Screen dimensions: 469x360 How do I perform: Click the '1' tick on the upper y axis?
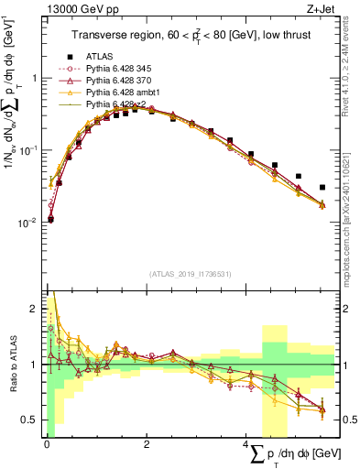pyautogui.click(x=34, y=78)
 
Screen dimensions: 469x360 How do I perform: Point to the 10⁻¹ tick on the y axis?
pyautogui.click(x=29, y=150)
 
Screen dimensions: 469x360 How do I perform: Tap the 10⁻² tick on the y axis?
pyautogui.click(x=29, y=223)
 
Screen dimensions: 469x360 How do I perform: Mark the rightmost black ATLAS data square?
pyautogui.click(x=322, y=188)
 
